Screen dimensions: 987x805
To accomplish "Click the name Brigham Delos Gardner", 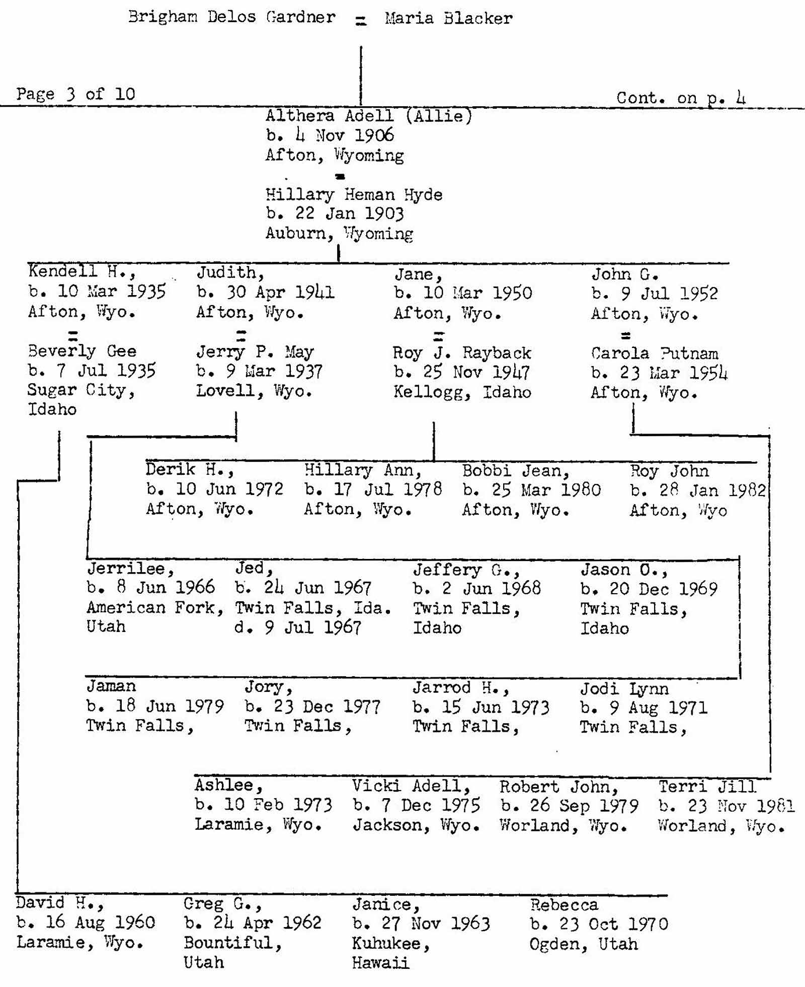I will pyautogui.click(x=232, y=17).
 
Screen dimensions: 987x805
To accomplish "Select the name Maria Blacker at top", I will pyautogui.click(x=449, y=19).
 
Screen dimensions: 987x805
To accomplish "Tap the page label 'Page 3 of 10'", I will pyautogui.click(x=75, y=94).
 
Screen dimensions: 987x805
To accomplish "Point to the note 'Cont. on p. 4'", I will pyautogui.click(x=681, y=98).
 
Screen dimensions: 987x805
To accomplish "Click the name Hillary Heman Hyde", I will pyautogui.click(x=354, y=194).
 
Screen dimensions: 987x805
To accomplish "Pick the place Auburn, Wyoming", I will pyautogui.click(x=339, y=234).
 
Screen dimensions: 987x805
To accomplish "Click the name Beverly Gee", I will pyautogui.click(x=82, y=351).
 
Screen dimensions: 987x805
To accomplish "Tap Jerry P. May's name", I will pyautogui.click(x=255, y=351).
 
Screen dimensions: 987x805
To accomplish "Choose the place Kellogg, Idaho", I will pyautogui.click(x=462, y=392).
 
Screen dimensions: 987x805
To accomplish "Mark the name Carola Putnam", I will pyautogui.click(x=655, y=353).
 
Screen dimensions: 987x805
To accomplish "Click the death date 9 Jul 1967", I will pyautogui.click(x=298, y=627).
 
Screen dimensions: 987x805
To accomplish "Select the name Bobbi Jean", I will pyautogui.click(x=516, y=471).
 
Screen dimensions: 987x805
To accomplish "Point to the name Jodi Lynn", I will pyautogui.click(x=624, y=688).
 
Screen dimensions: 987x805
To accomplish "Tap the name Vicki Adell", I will pyautogui.click(x=411, y=786).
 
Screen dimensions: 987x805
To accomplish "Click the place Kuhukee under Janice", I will pyautogui.click(x=390, y=944).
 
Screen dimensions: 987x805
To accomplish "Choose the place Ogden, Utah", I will pyautogui.click(x=584, y=944).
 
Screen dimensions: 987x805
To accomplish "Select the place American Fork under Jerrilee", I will pyautogui.click(x=155, y=608).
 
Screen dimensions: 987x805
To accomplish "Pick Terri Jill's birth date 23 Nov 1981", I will pyautogui.click(x=726, y=806).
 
